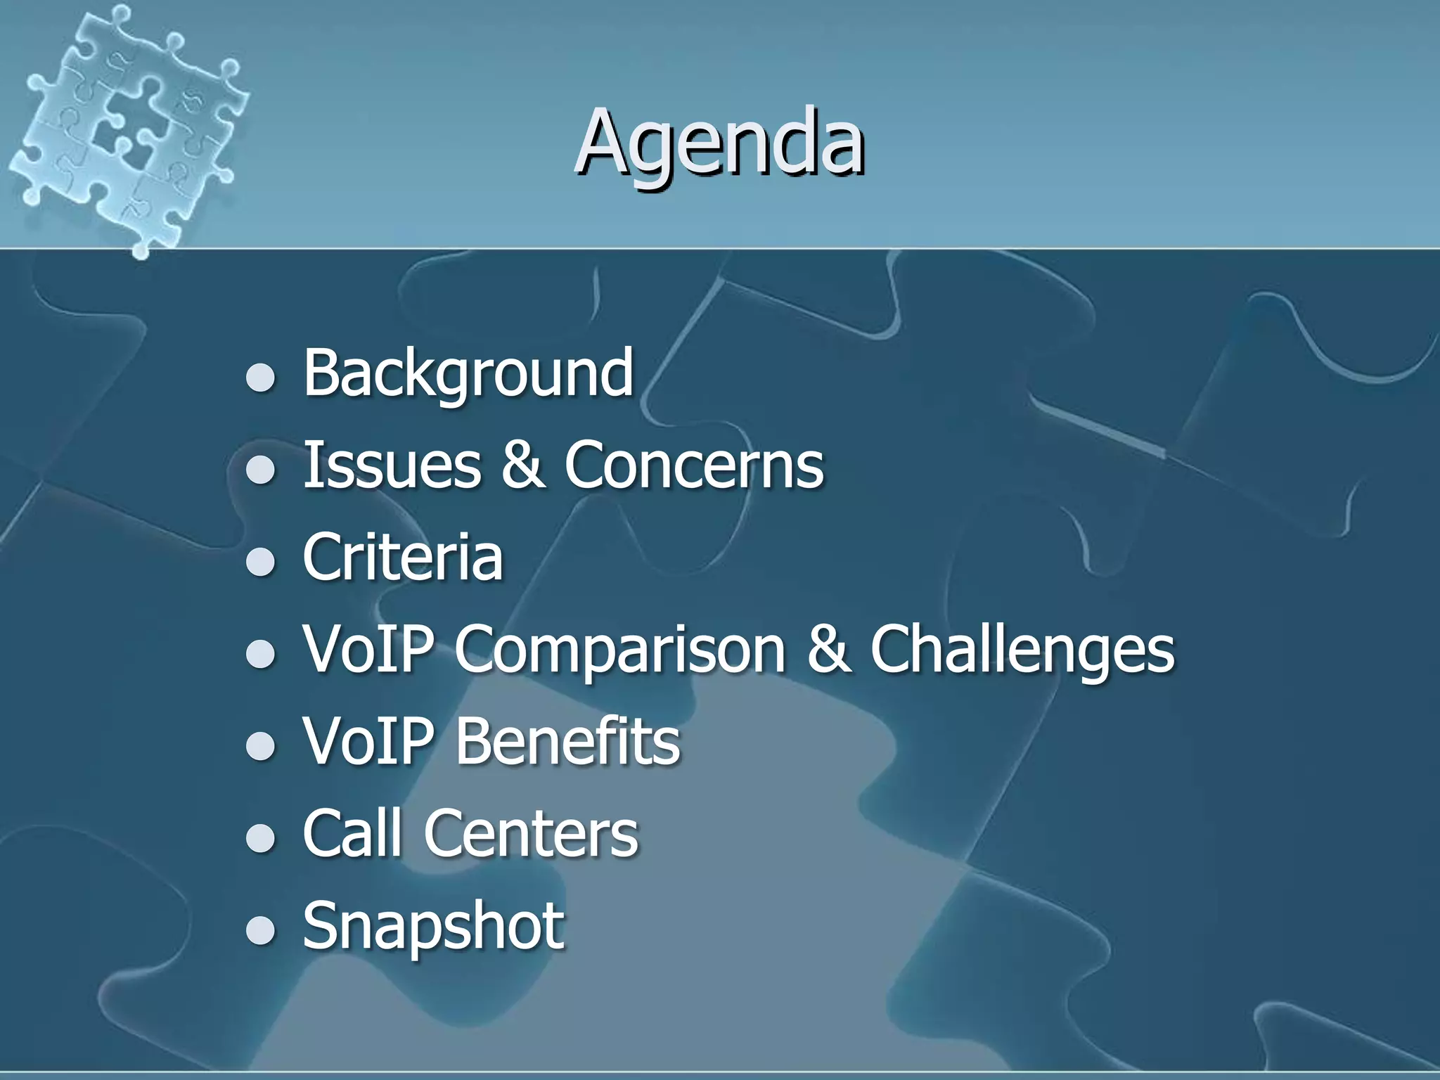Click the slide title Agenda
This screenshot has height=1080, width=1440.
719,143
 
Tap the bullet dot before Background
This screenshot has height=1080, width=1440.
261,378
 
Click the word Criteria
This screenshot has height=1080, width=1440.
403,557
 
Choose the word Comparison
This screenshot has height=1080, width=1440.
620,649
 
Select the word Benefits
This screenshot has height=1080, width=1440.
568,741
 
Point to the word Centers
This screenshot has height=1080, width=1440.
531,833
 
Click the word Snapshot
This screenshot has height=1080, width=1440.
433,925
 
